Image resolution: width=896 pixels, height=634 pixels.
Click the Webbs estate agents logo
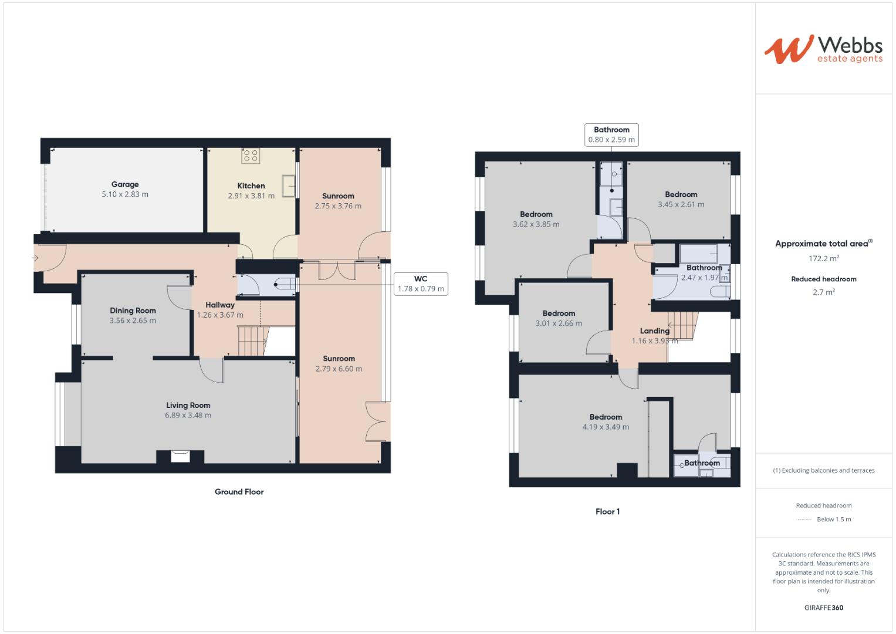(823, 49)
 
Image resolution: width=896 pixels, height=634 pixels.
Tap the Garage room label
(125, 184)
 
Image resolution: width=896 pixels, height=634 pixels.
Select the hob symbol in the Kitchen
(251, 156)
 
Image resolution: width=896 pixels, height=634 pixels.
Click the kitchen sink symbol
(289, 186)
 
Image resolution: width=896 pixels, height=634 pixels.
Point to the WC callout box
(421, 284)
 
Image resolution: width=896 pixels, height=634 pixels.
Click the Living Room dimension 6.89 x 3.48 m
(188, 415)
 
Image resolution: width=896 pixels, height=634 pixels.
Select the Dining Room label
(133, 311)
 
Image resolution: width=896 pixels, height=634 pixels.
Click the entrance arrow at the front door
(35, 258)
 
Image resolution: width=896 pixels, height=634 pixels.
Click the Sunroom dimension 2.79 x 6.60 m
(339, 369)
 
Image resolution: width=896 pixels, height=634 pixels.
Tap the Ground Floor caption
(239, 492)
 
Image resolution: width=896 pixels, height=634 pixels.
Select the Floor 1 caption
(607, 511)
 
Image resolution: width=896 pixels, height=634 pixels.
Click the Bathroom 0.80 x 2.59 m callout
(611, 135)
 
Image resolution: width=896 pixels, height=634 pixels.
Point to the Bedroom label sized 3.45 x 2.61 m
(681, 194)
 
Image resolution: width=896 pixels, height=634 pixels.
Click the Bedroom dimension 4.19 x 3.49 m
(606, 427)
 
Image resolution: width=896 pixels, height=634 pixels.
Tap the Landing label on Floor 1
(654, 331)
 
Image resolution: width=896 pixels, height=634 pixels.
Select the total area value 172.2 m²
(823, 258)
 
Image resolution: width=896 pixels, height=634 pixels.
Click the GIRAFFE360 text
(823, 608)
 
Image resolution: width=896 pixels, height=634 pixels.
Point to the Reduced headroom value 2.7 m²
(823, 292)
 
